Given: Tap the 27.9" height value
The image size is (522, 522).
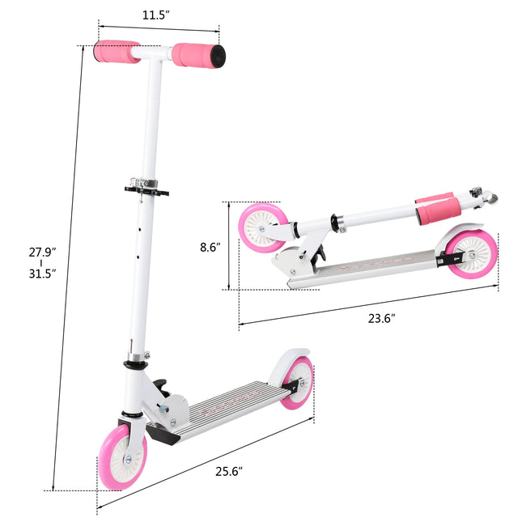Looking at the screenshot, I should [x=41, y=252].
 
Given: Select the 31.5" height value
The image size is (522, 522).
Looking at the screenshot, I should [x=41, y=274].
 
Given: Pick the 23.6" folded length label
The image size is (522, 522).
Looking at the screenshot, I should [x=380, y=318].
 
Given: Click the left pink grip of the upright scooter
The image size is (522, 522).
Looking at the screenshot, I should [x=116, y=52].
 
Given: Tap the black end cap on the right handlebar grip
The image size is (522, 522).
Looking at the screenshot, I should [x=219, y=55].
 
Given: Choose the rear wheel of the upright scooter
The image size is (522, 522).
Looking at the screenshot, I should [x=298, y=383].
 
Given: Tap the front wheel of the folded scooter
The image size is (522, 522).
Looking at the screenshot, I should [x=262, y=227].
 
